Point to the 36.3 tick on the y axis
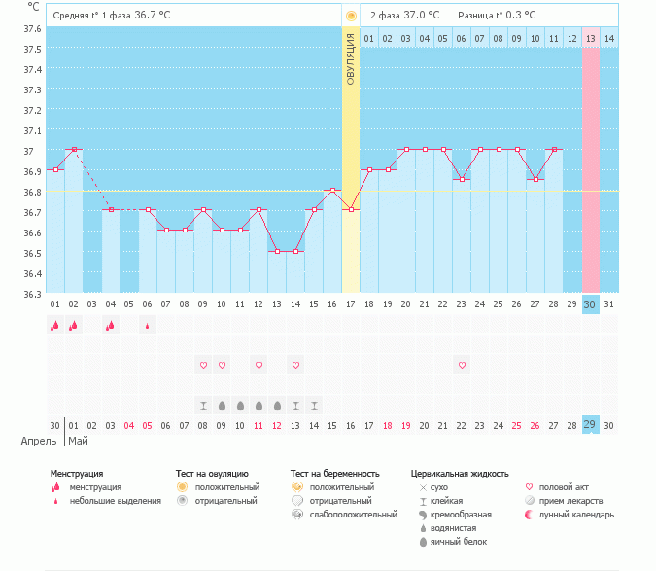pyautogui.click(x=32, y=294)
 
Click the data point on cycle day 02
pyautogui.click(x=74, y=150)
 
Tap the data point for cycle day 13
pyautogui.click(x=277, y=251)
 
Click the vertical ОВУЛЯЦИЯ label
pyautogui.click(x=351, y=57)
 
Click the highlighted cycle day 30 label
pyautogui.click(x=590, y=304)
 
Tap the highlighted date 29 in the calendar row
pyautogui.click(x=590, y=425)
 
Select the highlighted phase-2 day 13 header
pyautogui.click(x=591, y=38)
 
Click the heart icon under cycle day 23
pyautogui.click(x=462, y=365)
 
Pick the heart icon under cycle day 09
pyautogui.click(x=203, y=365)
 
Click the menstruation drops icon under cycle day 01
pyautogui.click(x=55, y=326)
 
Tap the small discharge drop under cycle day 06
pyautogui.click(x=148, y=326)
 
